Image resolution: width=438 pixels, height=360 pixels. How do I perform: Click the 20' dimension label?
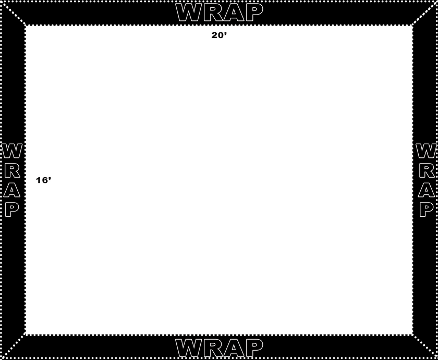click(x=219, y=35)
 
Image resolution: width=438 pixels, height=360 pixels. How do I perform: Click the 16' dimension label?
click(x=44, y=180)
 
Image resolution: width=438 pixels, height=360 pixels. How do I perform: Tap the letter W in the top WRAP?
click(x=189, y=13)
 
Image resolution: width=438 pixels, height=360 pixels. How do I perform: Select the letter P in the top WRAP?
click(x=253, y=13)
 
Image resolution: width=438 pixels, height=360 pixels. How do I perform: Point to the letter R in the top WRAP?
click(x=213, y=13)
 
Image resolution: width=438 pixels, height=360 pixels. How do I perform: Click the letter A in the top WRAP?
click(x=234, y=13)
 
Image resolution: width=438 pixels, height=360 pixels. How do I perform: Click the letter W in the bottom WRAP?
click(x=189, y=348)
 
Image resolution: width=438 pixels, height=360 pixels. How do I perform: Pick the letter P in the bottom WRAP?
click(x=253, y=348)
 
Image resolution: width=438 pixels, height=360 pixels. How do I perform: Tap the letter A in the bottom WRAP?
click(x=234, y=348)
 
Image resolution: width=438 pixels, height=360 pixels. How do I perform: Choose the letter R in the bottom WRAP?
click(x=213, y=348)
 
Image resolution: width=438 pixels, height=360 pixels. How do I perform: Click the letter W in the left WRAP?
click(x=12, y=151)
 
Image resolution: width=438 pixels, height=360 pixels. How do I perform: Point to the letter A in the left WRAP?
click(x=11, y=190)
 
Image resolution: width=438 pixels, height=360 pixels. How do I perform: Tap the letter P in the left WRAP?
click(x=12, y=210)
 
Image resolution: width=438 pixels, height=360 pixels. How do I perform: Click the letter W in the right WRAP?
click(x=426, y=151)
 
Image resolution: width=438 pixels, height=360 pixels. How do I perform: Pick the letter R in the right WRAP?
click(x=427, y=170)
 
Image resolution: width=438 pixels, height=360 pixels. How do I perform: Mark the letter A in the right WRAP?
click(x=427, y=190)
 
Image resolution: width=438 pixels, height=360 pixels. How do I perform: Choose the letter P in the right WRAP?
click(x=427, y=210)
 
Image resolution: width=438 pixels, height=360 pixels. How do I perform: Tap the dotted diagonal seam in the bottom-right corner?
click(x=424, y=345)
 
